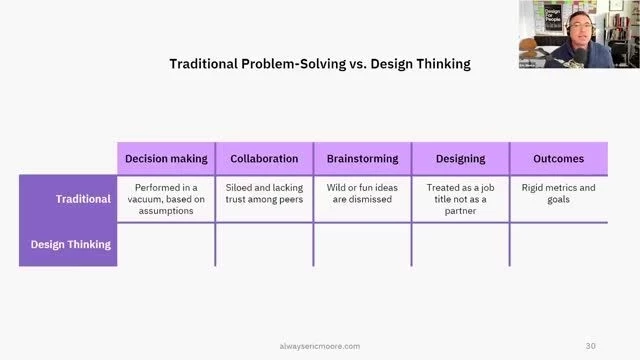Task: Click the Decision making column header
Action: pos(166,158)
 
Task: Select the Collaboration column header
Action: pos(264,158)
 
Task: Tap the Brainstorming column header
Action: pos(362,158)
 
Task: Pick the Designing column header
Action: pos(460,158)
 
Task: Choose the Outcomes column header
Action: pos(558,158)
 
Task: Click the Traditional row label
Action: pos(69,198)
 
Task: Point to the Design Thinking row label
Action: pos(69,243)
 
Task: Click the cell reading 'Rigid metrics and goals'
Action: pos(558,193)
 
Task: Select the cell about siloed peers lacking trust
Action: pos(264,193)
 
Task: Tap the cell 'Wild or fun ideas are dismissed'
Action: pos(362,193)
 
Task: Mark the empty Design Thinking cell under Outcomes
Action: pos(558,244)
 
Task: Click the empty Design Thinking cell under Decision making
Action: pos(166,244)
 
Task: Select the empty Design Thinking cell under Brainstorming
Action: pos(362,244)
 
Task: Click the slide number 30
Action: pos(591,346)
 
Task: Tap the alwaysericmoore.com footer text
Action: pos(319,346)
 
